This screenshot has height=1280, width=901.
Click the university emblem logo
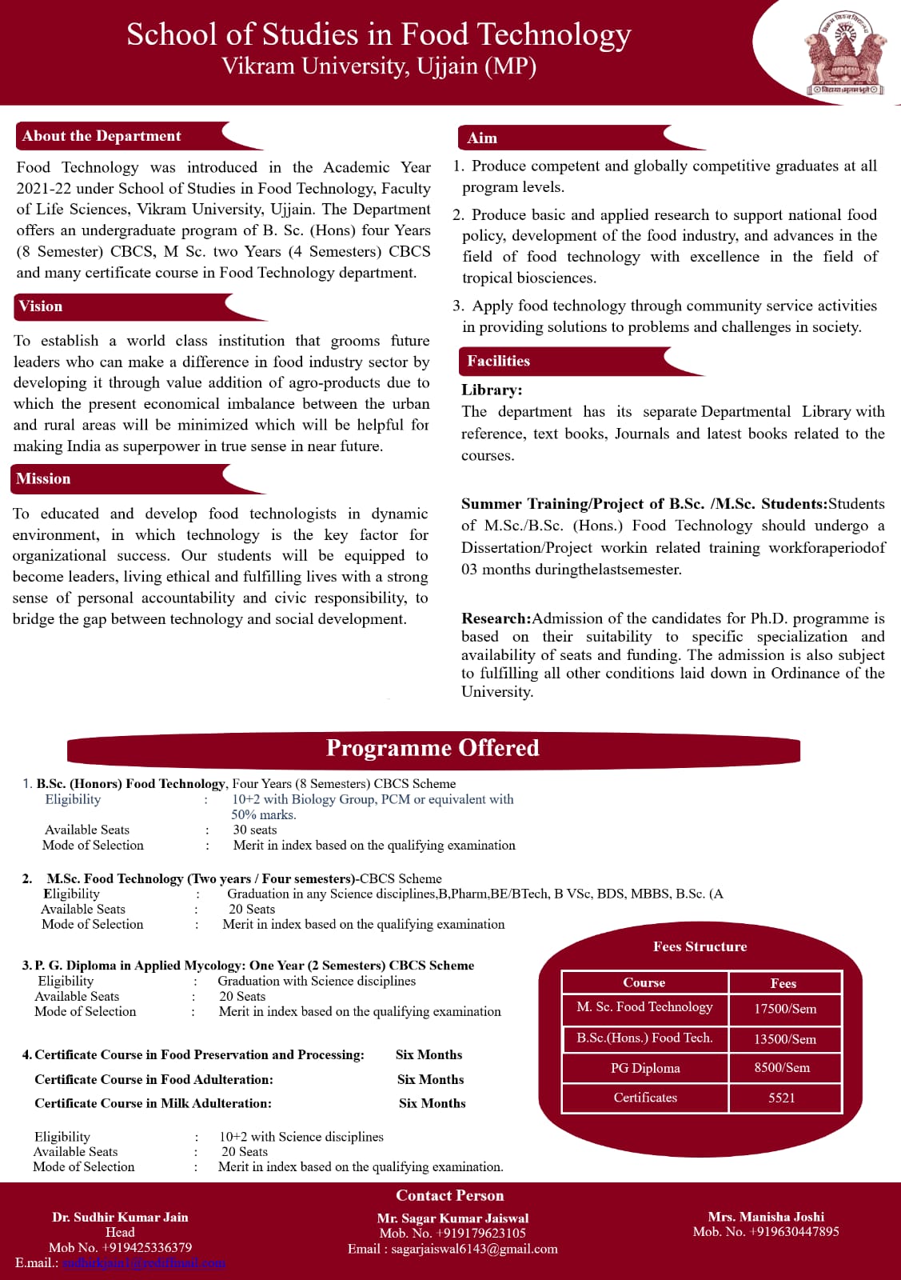846,53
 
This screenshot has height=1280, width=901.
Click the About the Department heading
102,136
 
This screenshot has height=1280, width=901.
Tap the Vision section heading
41,306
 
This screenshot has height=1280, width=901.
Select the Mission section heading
43,478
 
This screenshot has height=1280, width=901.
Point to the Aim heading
482,138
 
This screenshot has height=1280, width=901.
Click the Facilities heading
498,361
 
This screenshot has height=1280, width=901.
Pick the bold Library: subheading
492,390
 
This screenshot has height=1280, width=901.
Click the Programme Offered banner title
433,748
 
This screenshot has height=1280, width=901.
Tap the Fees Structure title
700,946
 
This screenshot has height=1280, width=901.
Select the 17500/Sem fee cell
785,1009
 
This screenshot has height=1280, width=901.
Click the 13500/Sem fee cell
785,1039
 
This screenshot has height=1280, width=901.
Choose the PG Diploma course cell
645,1068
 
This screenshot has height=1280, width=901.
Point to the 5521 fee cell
782,1098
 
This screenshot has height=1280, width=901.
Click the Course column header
644,982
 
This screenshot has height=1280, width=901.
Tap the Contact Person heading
450,1195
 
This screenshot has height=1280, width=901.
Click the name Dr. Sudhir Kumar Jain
120,1217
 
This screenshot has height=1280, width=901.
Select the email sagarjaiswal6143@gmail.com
474,1249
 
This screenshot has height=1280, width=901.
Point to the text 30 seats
255,830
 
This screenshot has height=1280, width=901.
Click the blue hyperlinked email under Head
144,1262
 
